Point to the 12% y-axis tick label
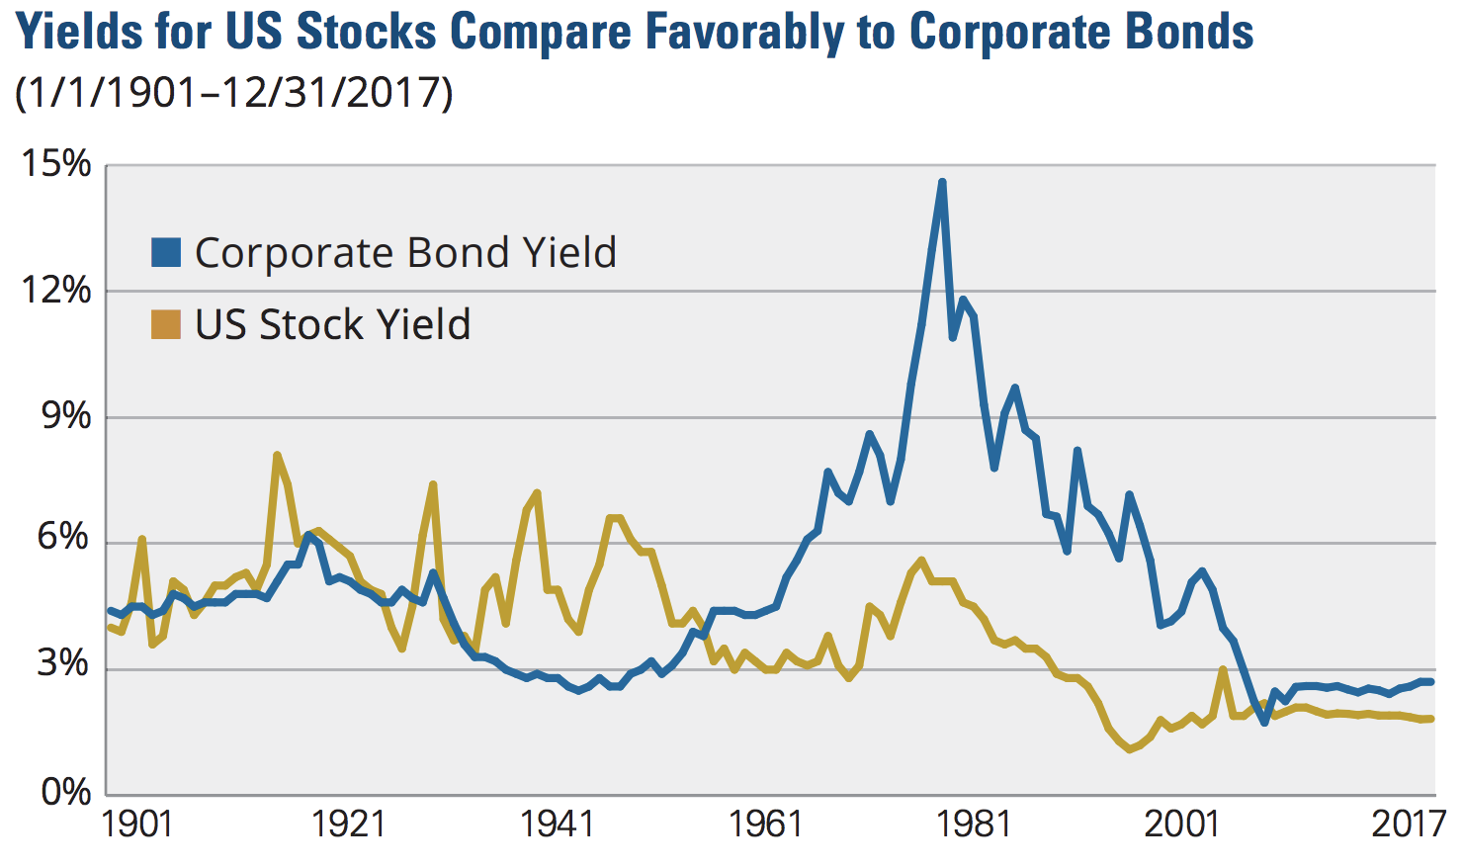tap(56, 291)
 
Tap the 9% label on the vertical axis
tap(64, 416)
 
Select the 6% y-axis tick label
tap(64, 539)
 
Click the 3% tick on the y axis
tap(64, 664)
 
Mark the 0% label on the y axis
tap(64, 792)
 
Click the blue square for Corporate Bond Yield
tap(166, 253)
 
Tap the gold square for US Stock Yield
tap(166, 324)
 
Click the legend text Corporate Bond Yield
tap(405, 253)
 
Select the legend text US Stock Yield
tap(332, 324)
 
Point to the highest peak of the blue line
tap(942, 182)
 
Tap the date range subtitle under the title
tap(234, 93)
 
